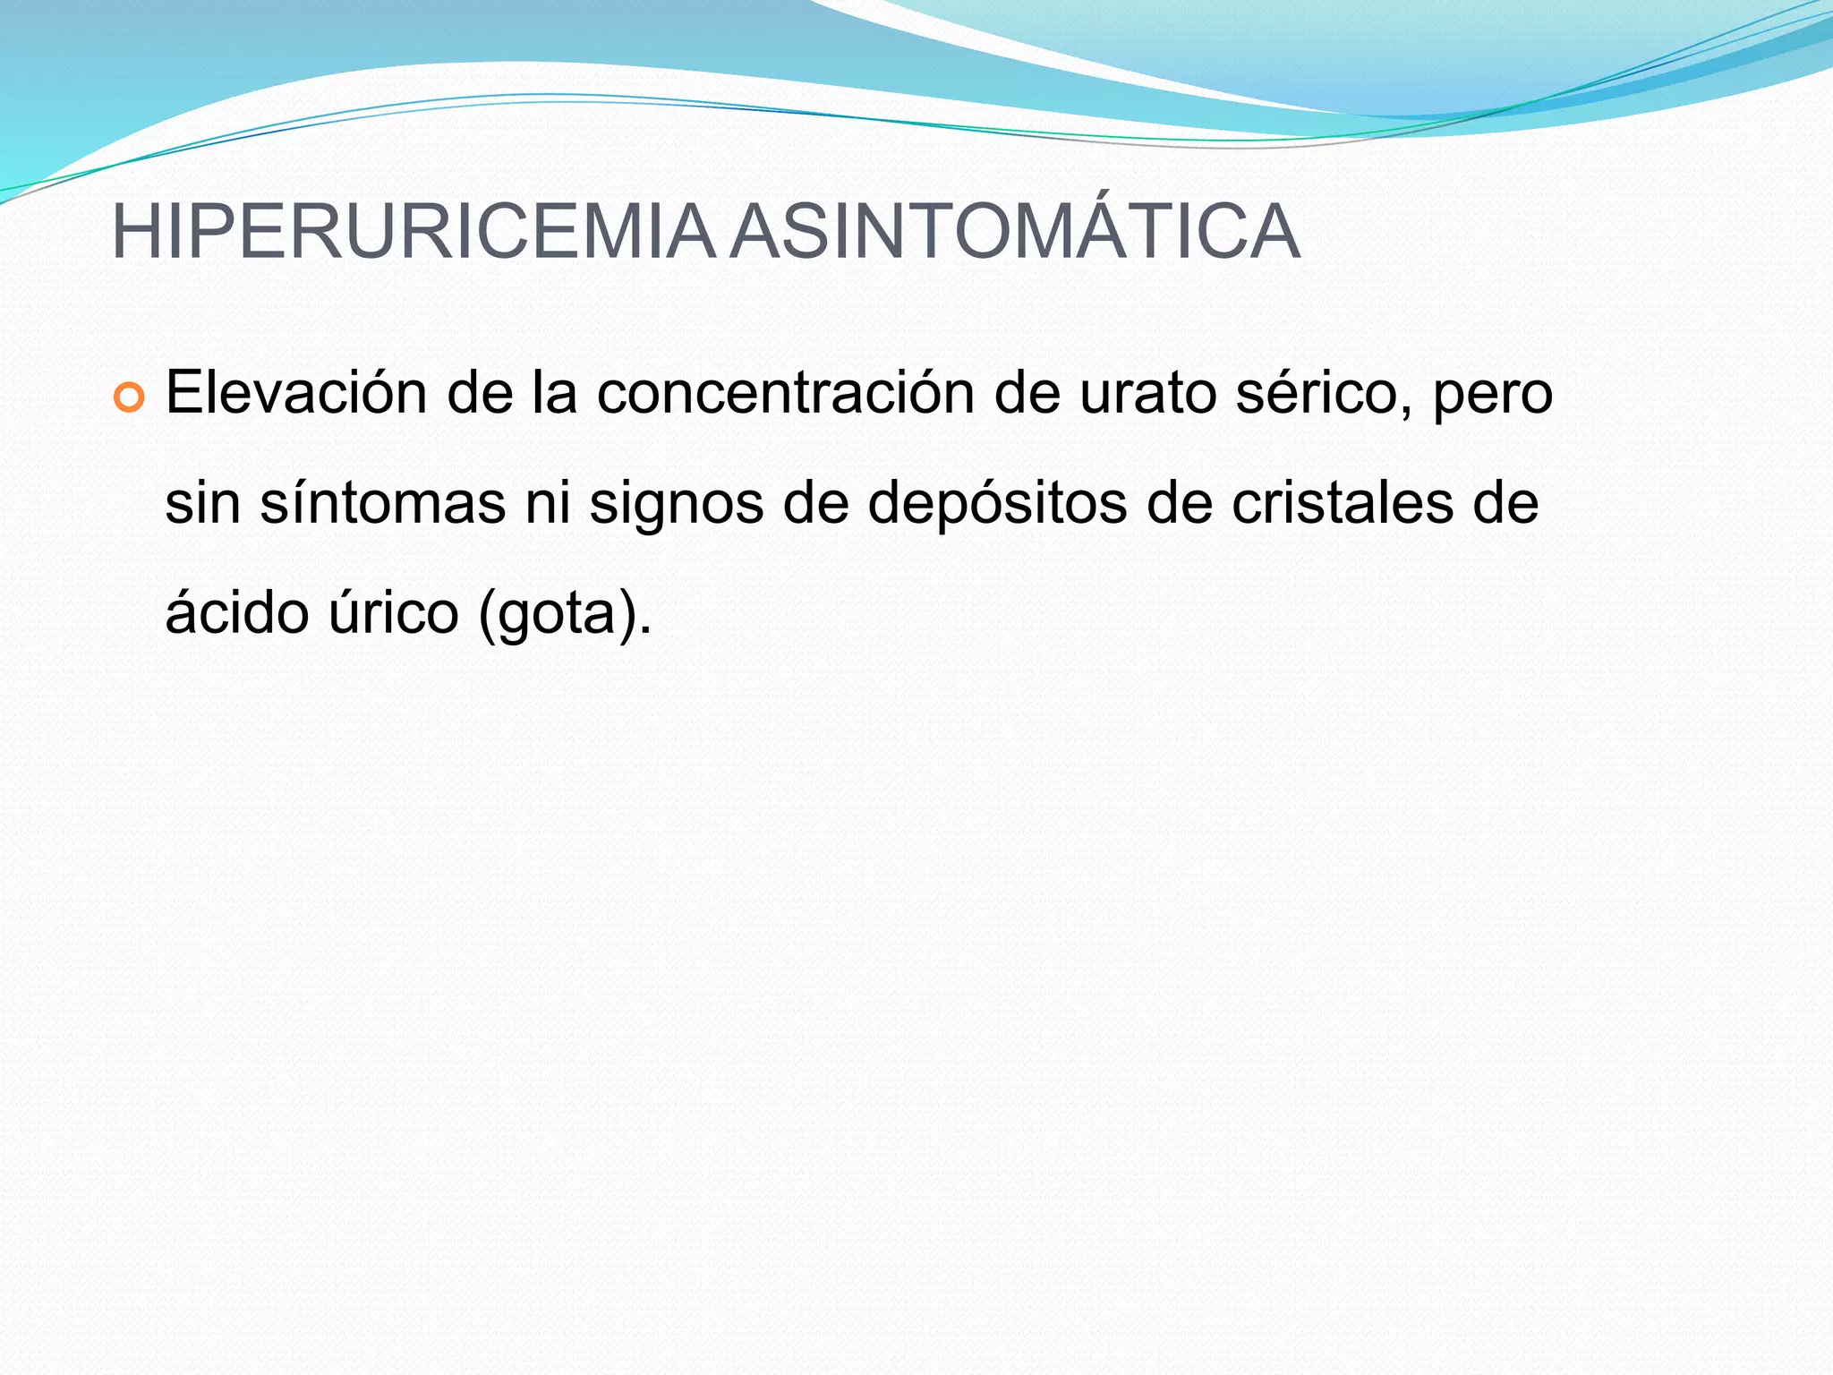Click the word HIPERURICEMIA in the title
(413, 233)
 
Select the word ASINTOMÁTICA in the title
(1014, 233)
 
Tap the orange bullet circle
(129, 398)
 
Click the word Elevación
(295, 393)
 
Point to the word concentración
(785, 393)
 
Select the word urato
(1147, 393)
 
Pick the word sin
(202, 502)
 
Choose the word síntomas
(382, 502)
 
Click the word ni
(547, 502)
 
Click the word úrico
(393, 612)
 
